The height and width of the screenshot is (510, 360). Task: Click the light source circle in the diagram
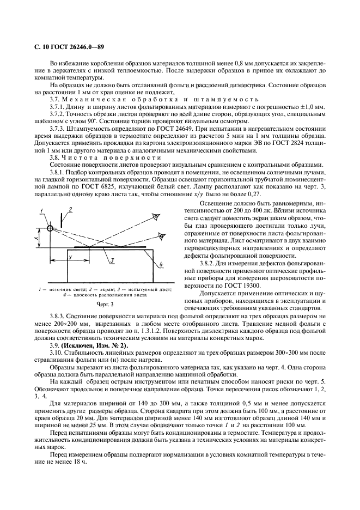pos(50,228)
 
